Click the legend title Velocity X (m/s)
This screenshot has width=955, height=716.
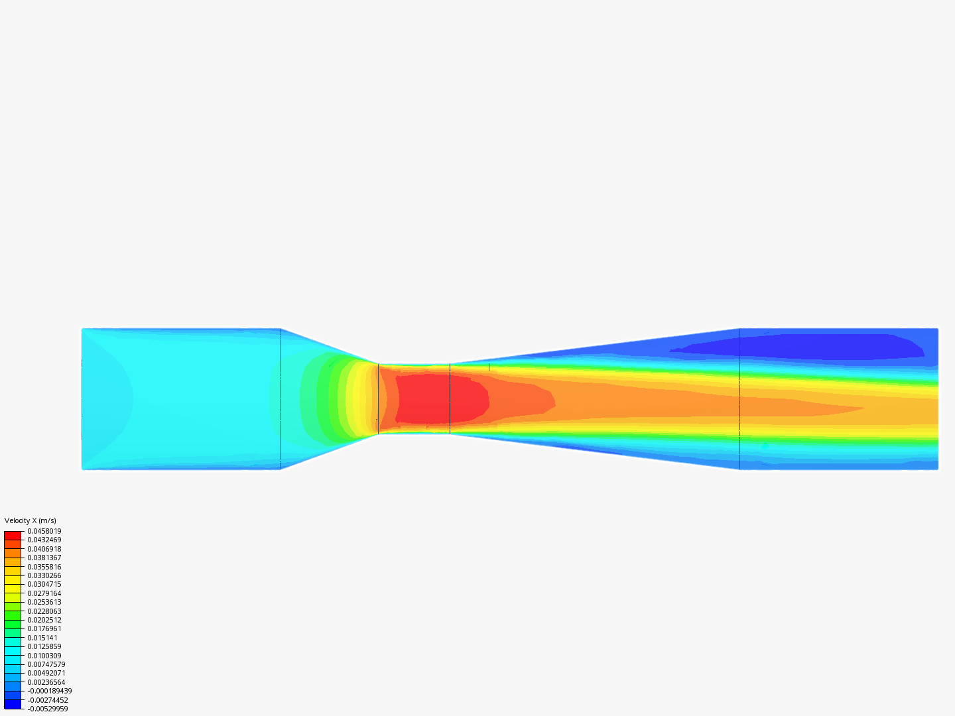(x=30, y=520)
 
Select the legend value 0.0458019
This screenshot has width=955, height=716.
(x=44, y=531)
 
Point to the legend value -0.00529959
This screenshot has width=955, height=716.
(x=48, y=709)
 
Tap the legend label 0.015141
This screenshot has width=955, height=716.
(x=42, y=638)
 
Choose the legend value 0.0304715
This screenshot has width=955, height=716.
(x=44, y=584)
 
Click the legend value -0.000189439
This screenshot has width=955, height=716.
(x=50, y=691)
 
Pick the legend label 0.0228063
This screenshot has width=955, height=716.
(x=44, y=611)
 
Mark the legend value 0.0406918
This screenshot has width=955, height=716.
(x=44, y=549)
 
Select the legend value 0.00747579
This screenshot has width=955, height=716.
(x=46, y=664)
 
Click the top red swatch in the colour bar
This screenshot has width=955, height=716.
(x=13, y=536)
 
